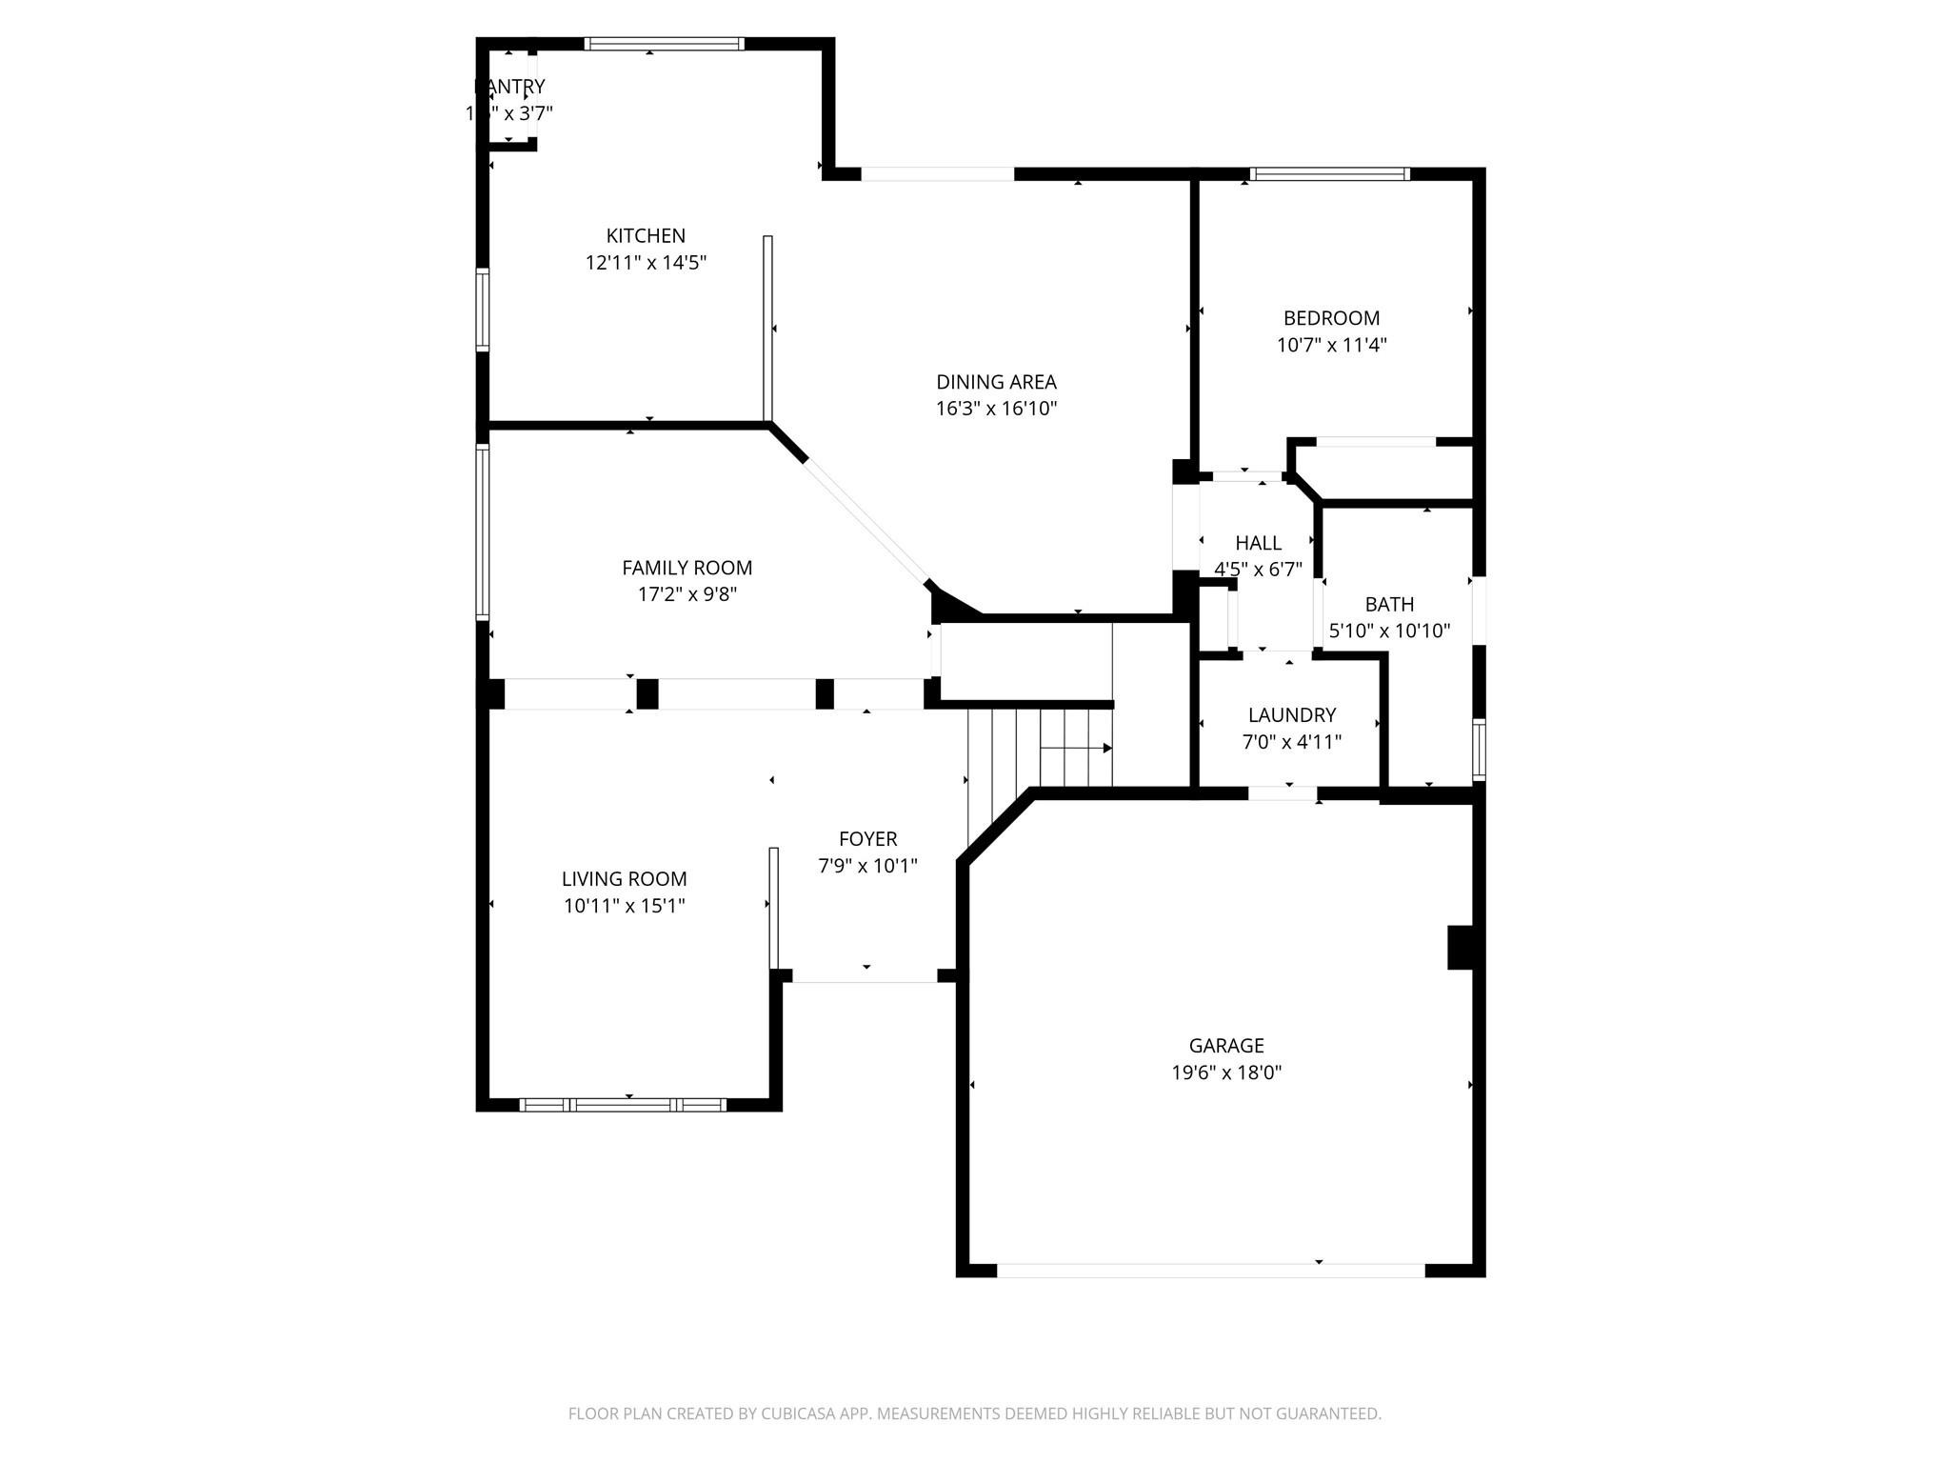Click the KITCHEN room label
coord(646,235)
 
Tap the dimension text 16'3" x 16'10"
coord(996,409)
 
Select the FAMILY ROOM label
coord(686,568)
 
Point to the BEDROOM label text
coord(1331,318)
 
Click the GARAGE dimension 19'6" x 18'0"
coord(1226,1072)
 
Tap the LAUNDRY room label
coord(1291,714)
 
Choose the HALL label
coord(1258,543)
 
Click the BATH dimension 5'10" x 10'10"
coord(1389,631)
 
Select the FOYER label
coord(867,839)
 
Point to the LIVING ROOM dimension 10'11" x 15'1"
coord(624,906)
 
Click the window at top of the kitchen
coord(664,44)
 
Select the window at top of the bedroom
coord(1329,174)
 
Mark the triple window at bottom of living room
coord(624,1105)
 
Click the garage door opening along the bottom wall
coord(1209,1270)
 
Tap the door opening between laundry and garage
coord(1283,793)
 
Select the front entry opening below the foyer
coord(865,976)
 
